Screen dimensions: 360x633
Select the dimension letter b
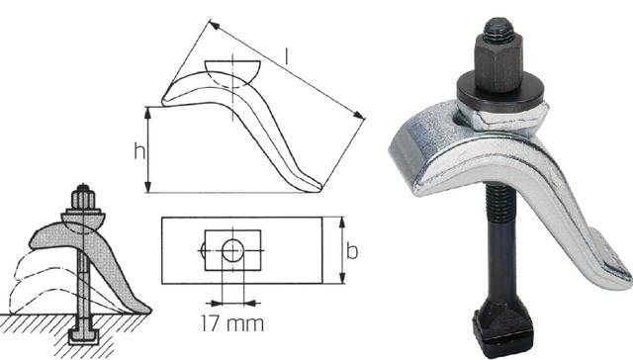[x=352, y=252]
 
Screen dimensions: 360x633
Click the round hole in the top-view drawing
[x=231, y=251]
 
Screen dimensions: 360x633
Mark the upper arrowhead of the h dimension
[x=148, y=109]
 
